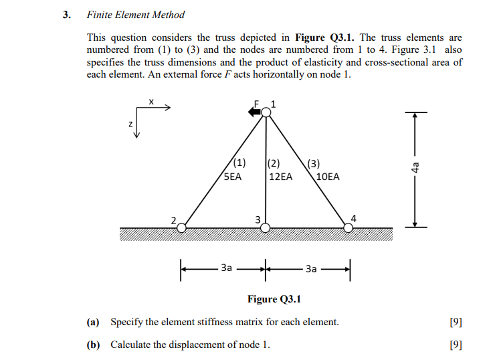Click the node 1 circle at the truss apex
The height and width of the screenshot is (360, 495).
point(266,112)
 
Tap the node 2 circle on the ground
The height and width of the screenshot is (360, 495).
point(182,228)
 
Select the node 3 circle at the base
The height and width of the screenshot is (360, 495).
point(266,228)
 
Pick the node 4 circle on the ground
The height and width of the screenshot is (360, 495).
point(349,228)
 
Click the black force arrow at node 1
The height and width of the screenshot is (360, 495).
point(255,112)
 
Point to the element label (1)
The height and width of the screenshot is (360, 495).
point(239,163)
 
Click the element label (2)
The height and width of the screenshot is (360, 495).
point(274,163)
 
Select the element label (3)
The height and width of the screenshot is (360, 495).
point(314,163)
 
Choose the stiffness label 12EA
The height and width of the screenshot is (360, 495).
point(280,177)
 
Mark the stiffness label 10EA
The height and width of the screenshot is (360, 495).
point(327,177)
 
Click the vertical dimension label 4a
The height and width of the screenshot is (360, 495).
point(415,169)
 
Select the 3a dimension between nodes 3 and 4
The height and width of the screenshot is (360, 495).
point(310,268)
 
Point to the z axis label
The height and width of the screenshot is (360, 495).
point(130,124)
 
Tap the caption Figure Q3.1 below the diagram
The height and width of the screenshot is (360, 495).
point(274,299)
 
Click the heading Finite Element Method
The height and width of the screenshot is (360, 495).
point(136,15)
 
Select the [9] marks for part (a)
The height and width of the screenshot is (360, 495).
point(456,322)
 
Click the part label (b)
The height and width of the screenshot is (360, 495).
point(93,345)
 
